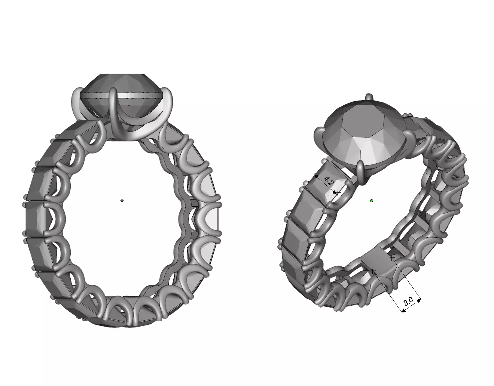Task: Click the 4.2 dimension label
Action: click(x=328, y=182)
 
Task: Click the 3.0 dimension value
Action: click(x=408, y=301)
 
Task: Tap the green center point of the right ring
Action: click(x=372, y=201)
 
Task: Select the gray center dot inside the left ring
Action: click(x=122, y=201)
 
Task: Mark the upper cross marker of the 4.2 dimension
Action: click(x=316, y=174)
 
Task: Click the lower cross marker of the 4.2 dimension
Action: click(x=338, y=193)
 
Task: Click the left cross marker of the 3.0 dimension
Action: click(x=373, y=270)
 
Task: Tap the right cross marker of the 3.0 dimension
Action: click(x=392, y=258)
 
